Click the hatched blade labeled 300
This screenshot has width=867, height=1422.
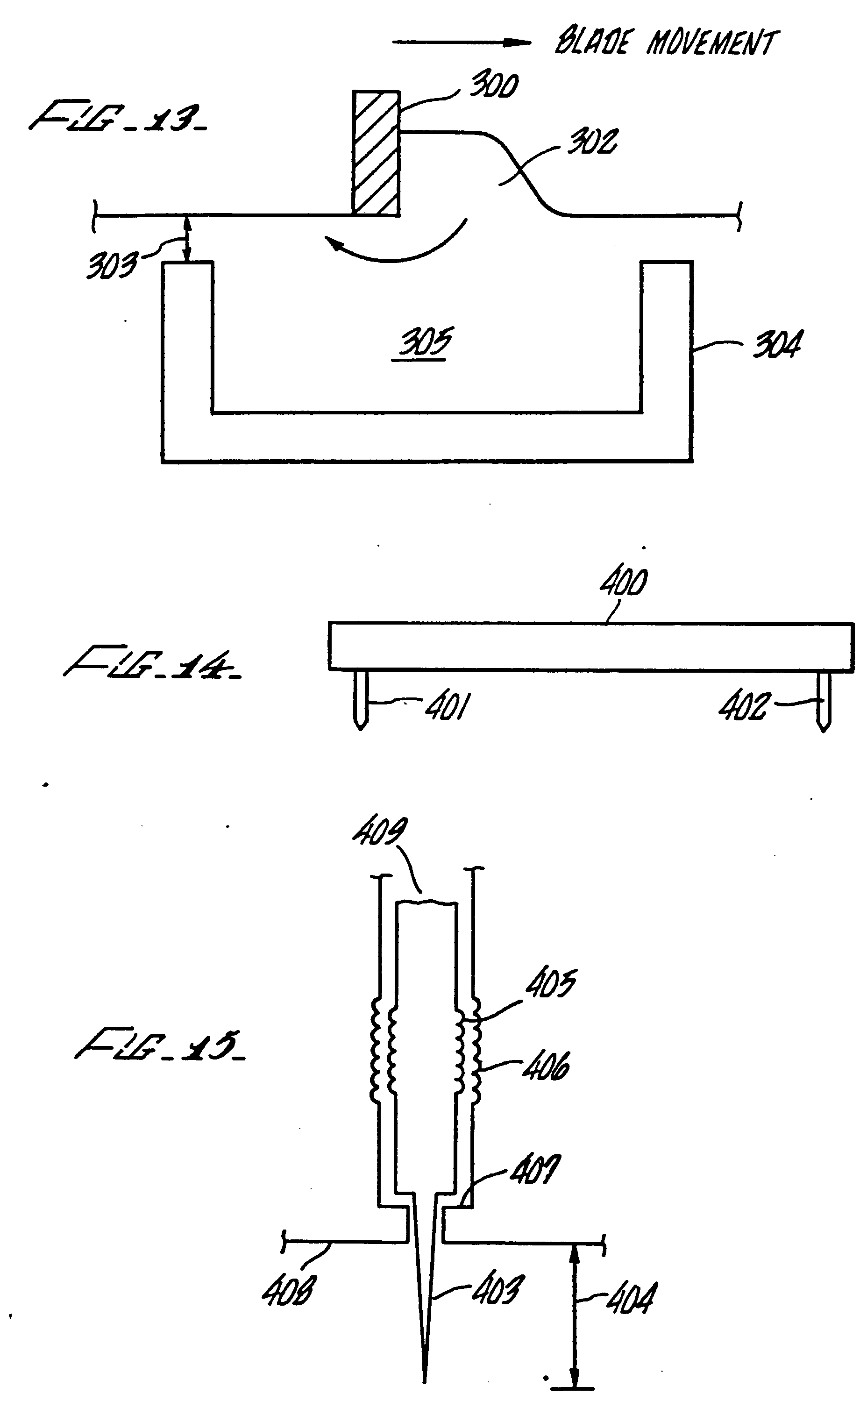[376, 154]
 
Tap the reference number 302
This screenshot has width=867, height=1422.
[592, 142]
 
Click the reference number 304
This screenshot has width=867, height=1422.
[777, 345]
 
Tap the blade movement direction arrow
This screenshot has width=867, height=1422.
[461, 42]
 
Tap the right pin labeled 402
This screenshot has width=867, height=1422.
[824, 701]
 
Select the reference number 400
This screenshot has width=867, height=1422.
[624, 583]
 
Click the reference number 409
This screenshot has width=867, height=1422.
[380, 832]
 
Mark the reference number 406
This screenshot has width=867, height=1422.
[546, 1066]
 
